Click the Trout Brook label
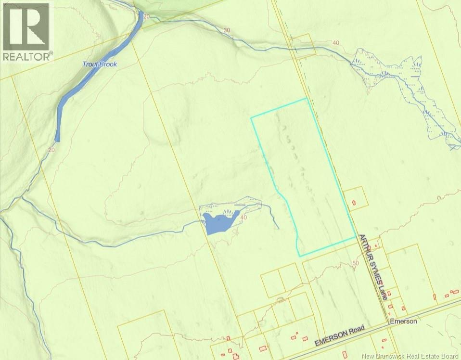(x=100, y=64)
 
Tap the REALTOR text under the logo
(x=26, y=56)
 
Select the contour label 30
(x=227, y=30)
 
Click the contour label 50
(x=356, y=263)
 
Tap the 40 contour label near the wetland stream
(x=336, y=43)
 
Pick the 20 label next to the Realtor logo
(x=147, y=16)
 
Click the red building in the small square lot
(x=354, y=202)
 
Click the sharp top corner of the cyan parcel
(x=306, y=99)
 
